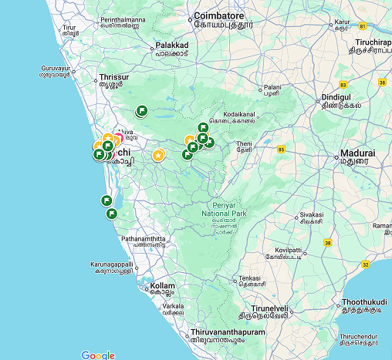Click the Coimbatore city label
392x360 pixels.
point(218,15)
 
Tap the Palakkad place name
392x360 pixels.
point(172,45)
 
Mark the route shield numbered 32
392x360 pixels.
point(365,264)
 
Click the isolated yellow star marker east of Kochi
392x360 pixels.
point(158,155)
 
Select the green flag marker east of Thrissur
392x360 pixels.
point(141,111)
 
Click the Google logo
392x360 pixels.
point(97,355)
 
